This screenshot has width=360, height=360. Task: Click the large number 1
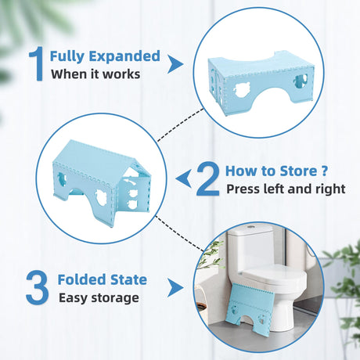37,63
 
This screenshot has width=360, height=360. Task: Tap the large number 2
208,178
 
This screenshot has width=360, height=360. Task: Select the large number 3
37,287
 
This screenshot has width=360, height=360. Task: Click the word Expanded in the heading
124,56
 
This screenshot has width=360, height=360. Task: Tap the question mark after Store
324,171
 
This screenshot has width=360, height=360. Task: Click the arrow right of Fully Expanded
175,64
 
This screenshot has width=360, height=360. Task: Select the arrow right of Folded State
175,288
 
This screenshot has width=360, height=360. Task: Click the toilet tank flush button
251,227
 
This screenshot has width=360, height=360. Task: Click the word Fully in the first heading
67,57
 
